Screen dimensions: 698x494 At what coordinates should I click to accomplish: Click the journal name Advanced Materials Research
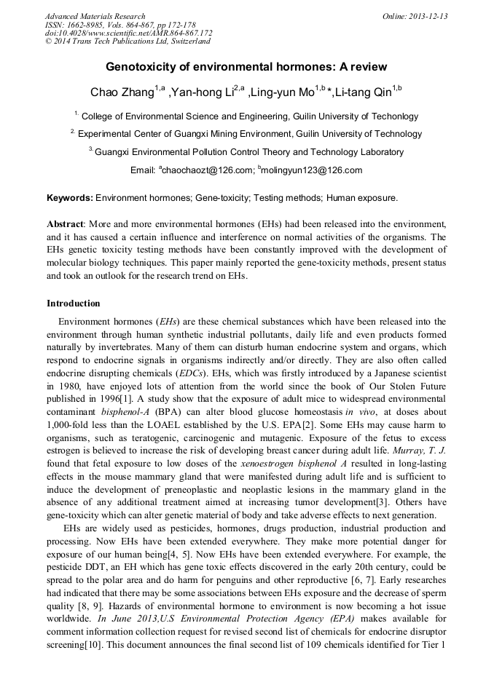coord(95,16)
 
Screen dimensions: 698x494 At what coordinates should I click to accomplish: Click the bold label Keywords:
coord(70,197)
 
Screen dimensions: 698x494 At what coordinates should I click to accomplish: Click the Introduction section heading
coord(74,303)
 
